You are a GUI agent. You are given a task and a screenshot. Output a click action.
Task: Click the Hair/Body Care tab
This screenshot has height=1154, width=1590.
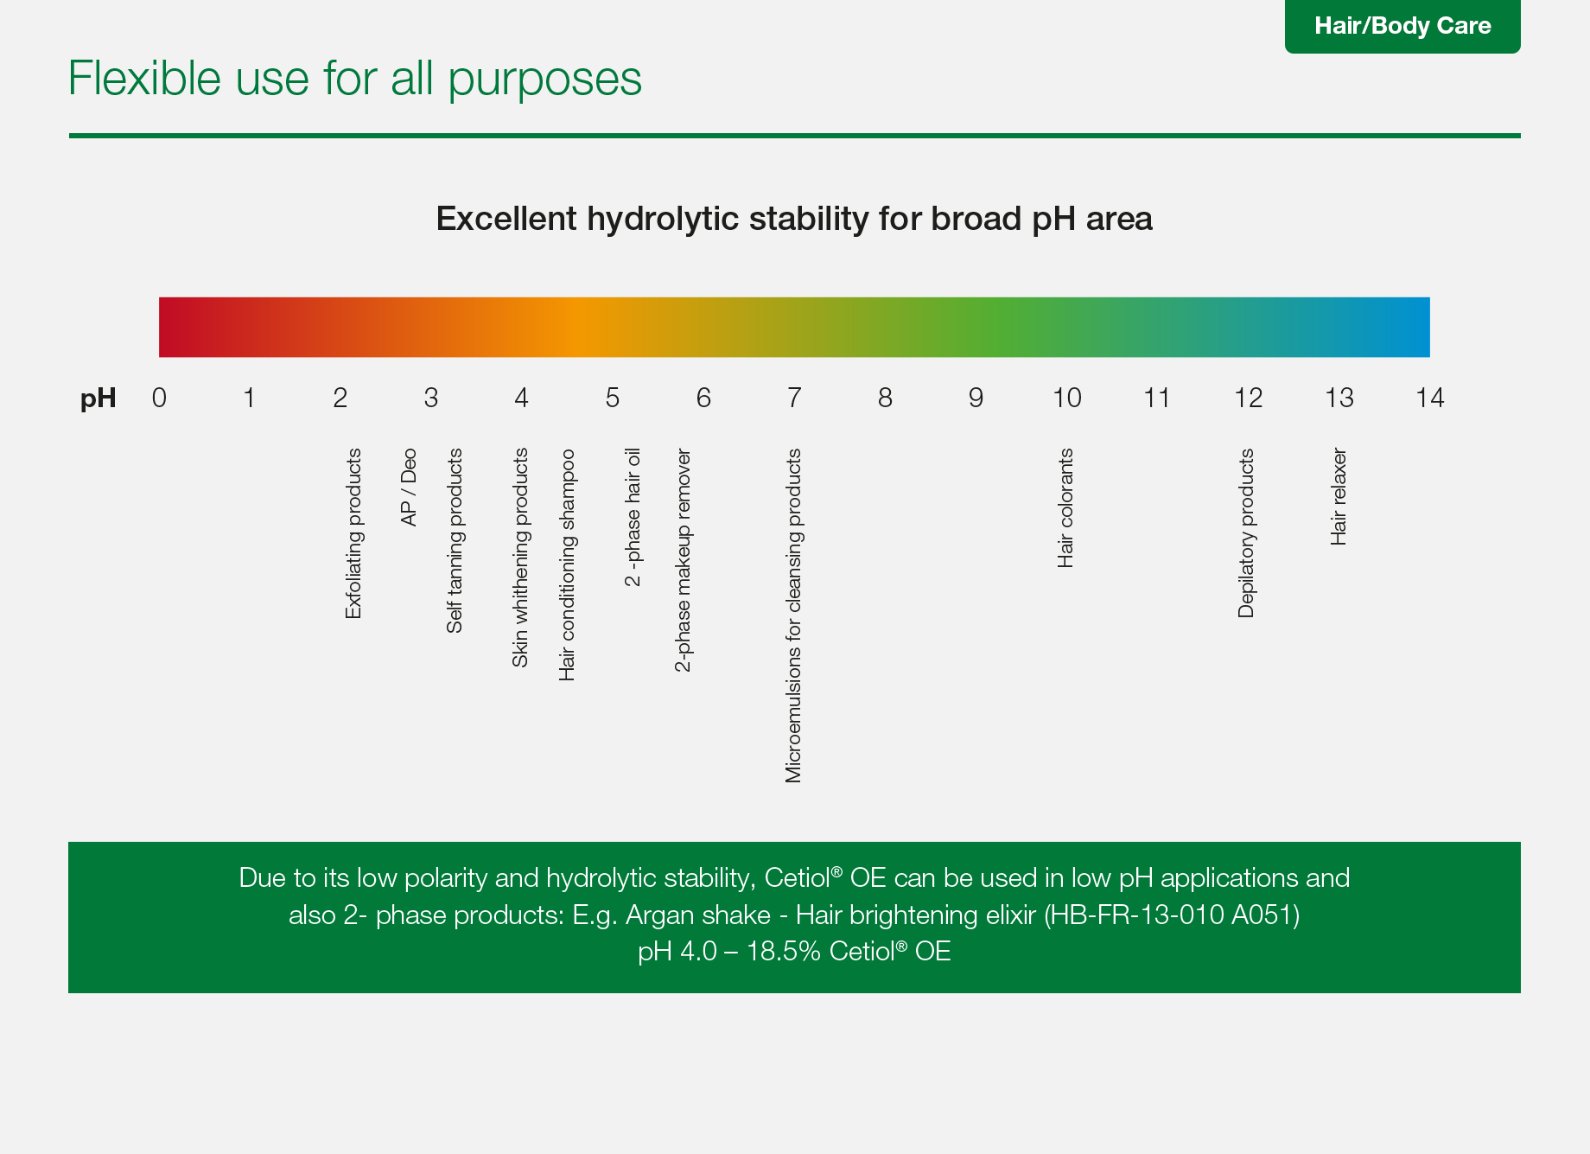pyautogui.click(x=1402, y=26)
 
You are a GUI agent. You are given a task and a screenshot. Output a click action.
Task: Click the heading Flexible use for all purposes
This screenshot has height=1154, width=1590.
pyautogui.click(x=354, y=80)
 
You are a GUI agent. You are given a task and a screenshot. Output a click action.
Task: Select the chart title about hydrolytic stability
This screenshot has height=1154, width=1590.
pyautogui.click(x=794, y=219)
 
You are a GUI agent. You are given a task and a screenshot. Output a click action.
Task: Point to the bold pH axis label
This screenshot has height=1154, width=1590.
pyautogui.click(x=98, y=398)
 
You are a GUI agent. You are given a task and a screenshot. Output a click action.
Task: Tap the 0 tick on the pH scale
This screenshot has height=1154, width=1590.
pyautogui.click(x=159, y=398)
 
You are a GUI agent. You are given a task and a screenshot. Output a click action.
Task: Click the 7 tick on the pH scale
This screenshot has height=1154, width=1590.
pyautogui.click(x=794, y=398)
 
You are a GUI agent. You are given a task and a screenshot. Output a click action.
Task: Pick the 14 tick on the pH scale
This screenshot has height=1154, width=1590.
pyautogui.click(x=1429, y=398)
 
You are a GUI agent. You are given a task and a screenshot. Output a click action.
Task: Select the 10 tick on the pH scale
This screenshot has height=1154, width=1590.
pyautogui.click(x=1066, y=398)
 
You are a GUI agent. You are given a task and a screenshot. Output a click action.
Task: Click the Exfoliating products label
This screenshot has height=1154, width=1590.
pyautogui.click(x=353, y=533)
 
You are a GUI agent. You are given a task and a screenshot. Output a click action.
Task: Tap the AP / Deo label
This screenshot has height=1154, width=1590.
pyautogui.click(x=409, y=487)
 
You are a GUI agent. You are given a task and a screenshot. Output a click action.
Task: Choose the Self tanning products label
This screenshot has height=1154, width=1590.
pyautogui.click(x=455, y=540)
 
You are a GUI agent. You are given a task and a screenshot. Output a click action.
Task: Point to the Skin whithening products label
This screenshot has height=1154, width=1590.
pyautogui.click(x=520, y=558)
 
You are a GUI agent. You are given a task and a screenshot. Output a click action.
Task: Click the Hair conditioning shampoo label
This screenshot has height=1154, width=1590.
pyautogui.click(x=567, y=564)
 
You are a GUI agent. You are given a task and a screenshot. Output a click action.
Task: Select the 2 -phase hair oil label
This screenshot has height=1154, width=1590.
pyautogui.click(x=633, y=517)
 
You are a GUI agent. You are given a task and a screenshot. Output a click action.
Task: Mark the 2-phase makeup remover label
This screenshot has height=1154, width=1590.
pyautogui.click(x=683, y=560)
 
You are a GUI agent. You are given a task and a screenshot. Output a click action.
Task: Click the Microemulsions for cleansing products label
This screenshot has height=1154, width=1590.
pyautogui.click(x=793, y=615)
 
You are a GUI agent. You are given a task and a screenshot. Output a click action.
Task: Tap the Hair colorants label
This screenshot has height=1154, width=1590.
pyautogui.click(x=1065, y=507)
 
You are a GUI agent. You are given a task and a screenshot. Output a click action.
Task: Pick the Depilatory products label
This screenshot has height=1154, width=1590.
pyautogui.click(x=1246, y=532)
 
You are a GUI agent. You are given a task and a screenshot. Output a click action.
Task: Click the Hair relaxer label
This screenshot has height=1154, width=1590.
pyautogui.click(x=1339, y=496)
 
